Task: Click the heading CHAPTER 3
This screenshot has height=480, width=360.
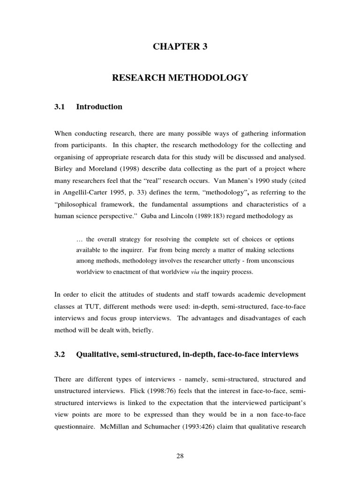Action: [180, 46]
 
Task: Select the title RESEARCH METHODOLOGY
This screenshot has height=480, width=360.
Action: [180, 78]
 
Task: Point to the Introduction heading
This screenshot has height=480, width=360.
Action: [99, 107]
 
